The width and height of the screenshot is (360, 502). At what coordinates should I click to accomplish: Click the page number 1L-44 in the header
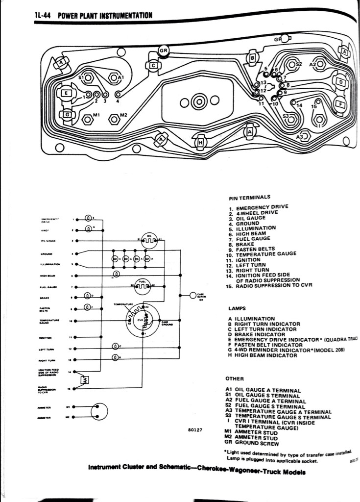tap(43, 15)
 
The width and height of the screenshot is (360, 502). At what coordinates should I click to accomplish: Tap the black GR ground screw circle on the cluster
tap(164, 50)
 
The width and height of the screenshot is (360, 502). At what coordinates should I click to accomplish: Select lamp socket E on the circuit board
tap(65, 93)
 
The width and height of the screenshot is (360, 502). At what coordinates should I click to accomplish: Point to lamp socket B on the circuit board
tap(252, 59)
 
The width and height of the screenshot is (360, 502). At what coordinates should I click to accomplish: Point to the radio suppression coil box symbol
tap(84, 380)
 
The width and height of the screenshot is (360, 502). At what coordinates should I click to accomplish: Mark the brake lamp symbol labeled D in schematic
tap(88, 296)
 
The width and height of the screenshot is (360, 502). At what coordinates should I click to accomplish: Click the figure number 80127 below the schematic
tap(195, 430)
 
